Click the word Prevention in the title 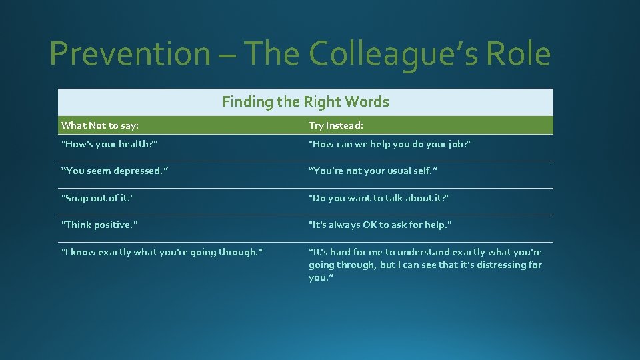point(129,53)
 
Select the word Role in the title point(517,53)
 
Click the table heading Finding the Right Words point(305,101)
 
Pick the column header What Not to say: point(100,125)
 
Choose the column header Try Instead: point(336,125)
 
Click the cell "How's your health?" point(109,143)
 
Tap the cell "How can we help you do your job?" point(390,143)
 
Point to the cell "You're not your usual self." point(373,171)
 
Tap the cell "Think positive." point(99,225)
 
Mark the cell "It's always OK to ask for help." point(379,225)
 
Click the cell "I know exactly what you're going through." point(161,252)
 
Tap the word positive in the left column point(113,225)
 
